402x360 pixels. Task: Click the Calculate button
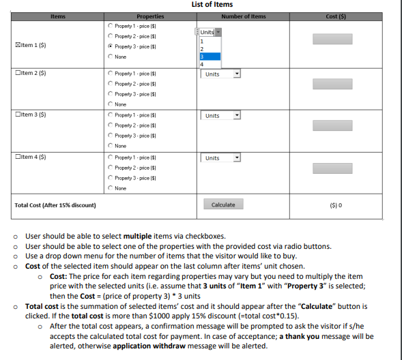pyautogui.click(x=223, y=205)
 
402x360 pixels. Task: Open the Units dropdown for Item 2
pyautogui.click(x=220, y=74)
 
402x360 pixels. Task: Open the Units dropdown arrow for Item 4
pyautogui.click(x=237, y=158)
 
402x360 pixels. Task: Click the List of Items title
pyautogui.click(x=212, y=5)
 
